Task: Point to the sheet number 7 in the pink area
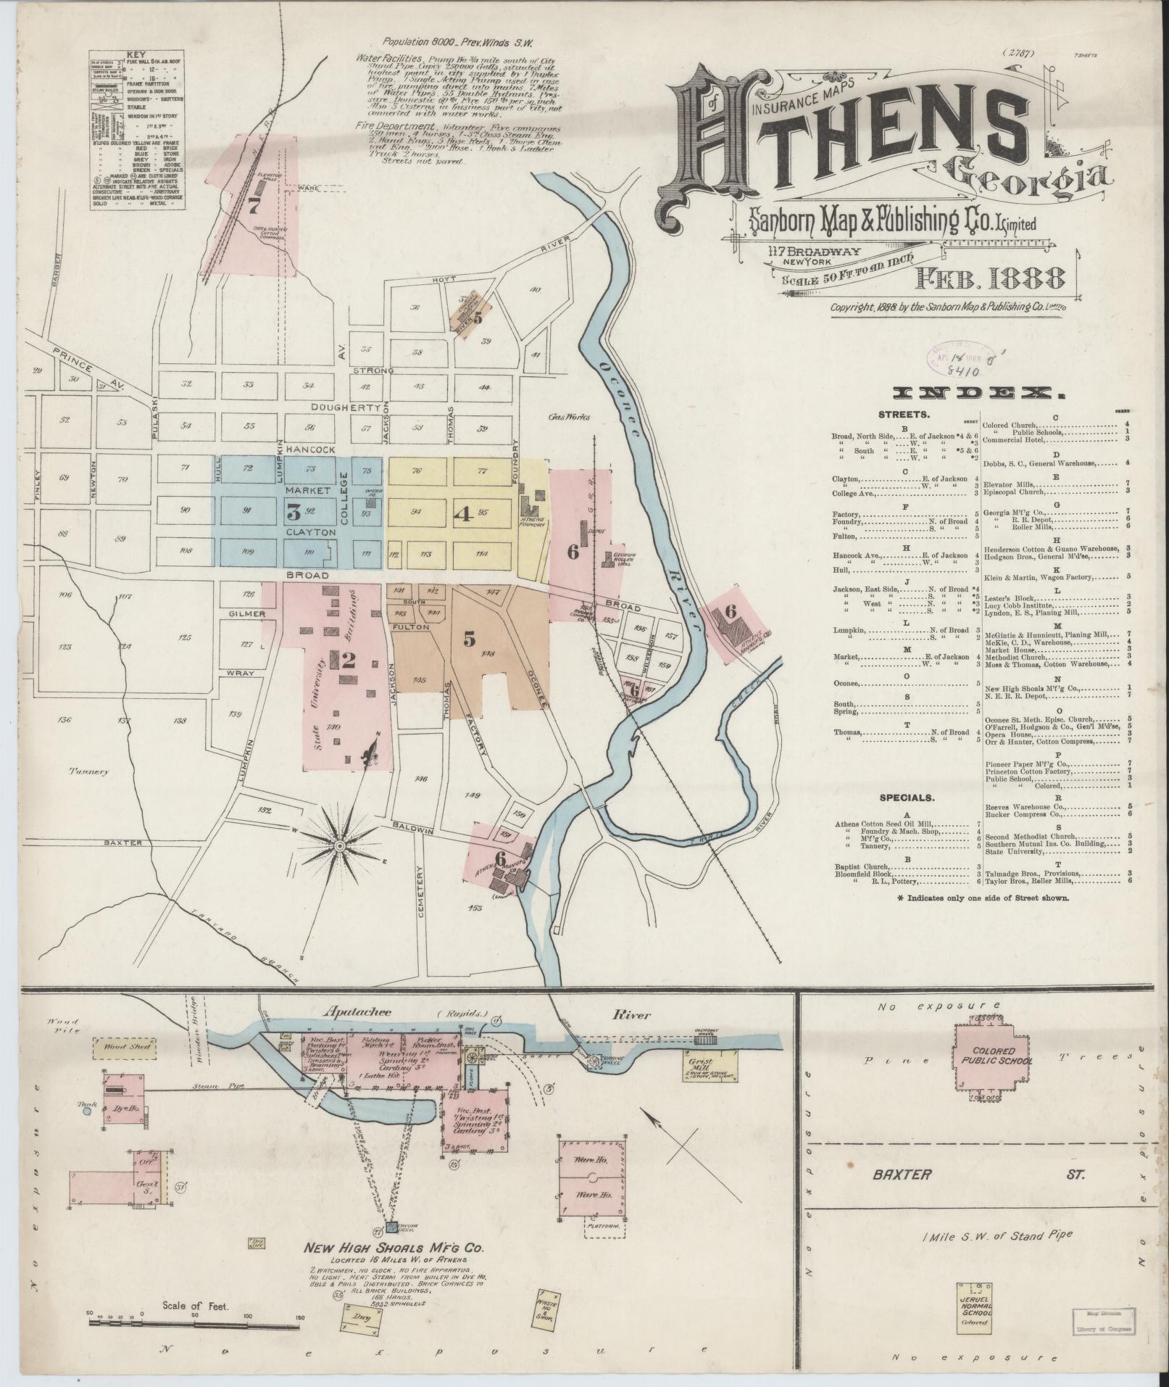253,207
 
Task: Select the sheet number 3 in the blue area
293,513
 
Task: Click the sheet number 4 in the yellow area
462,513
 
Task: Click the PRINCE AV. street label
89,368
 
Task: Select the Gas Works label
568,417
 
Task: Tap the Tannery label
88,771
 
